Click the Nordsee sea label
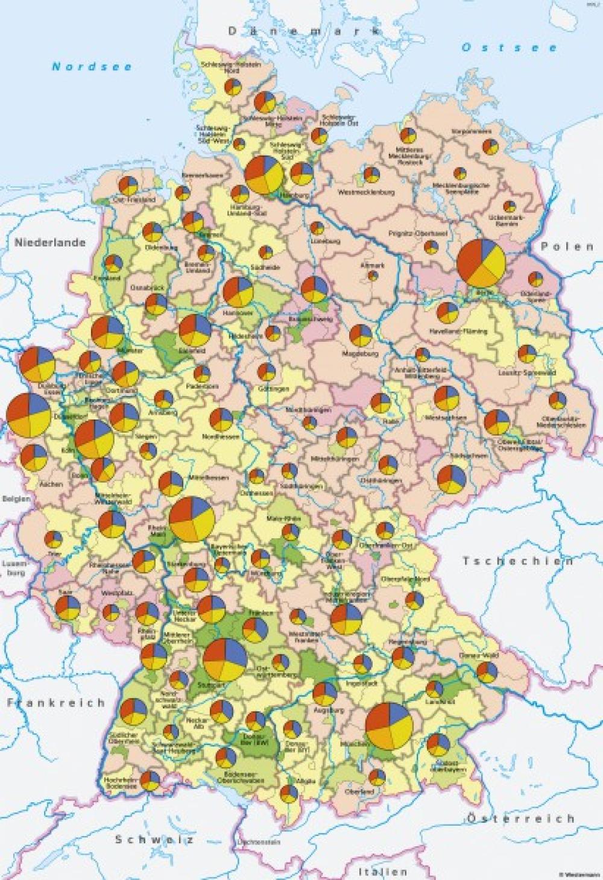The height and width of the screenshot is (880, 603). [92, 67]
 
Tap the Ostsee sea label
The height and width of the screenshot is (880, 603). [510, 48]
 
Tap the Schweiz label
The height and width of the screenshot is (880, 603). [156, 839]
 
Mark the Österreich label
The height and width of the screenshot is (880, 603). [520, 818]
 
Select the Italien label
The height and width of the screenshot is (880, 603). [382, 871]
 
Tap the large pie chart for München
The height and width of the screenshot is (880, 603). [390, 726]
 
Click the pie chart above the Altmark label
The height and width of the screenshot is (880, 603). [373, 275]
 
